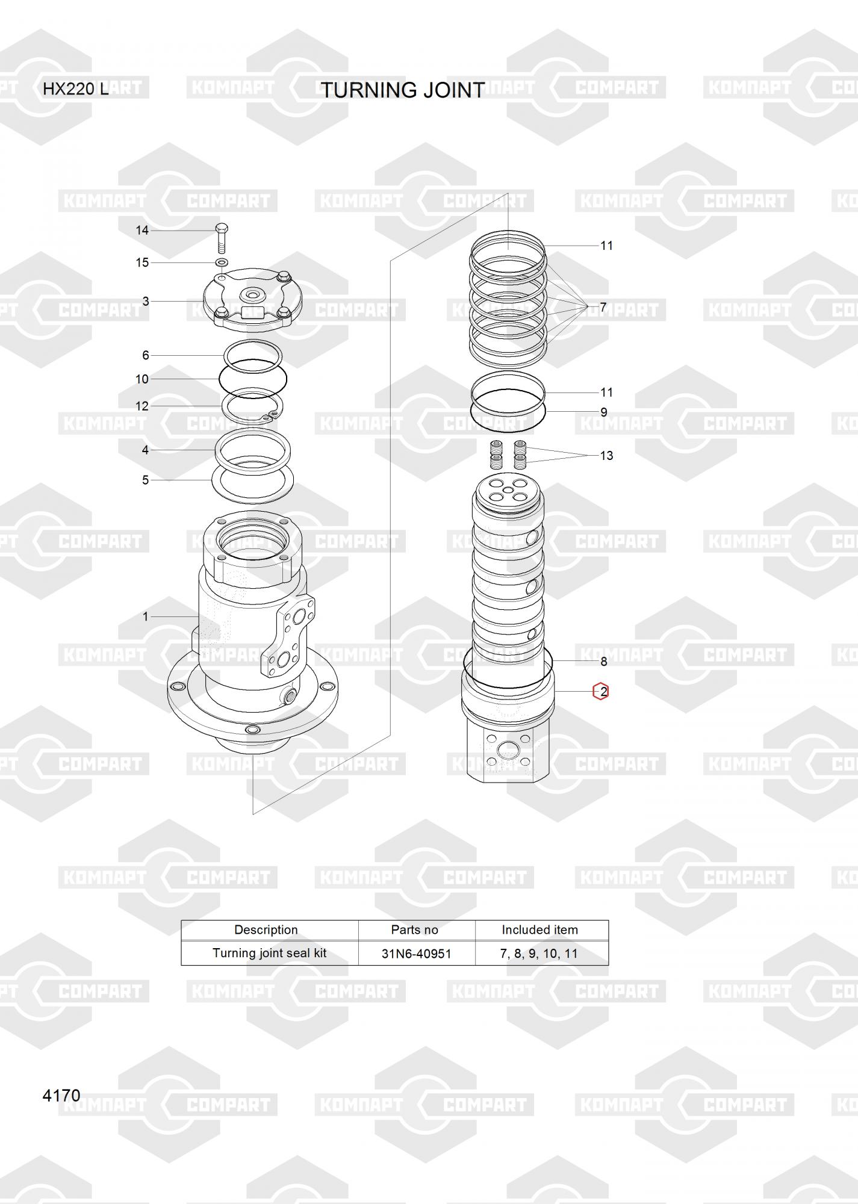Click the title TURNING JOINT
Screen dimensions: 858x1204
tap(402, 90)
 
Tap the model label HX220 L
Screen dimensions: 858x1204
tap(75, 89)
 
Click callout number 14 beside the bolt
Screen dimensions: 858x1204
tap(142, 230)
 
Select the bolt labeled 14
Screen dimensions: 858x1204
tap(221, 239)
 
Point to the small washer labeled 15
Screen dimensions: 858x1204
tap(222, 262)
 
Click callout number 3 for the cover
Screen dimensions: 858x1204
tap(146, 301)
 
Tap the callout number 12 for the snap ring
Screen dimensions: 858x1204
tap(142, 406)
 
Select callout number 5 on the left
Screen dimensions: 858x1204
tap(145, 480)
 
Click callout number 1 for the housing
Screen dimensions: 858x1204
tap(145, 616)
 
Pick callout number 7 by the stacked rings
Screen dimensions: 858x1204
tap(603, 308)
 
